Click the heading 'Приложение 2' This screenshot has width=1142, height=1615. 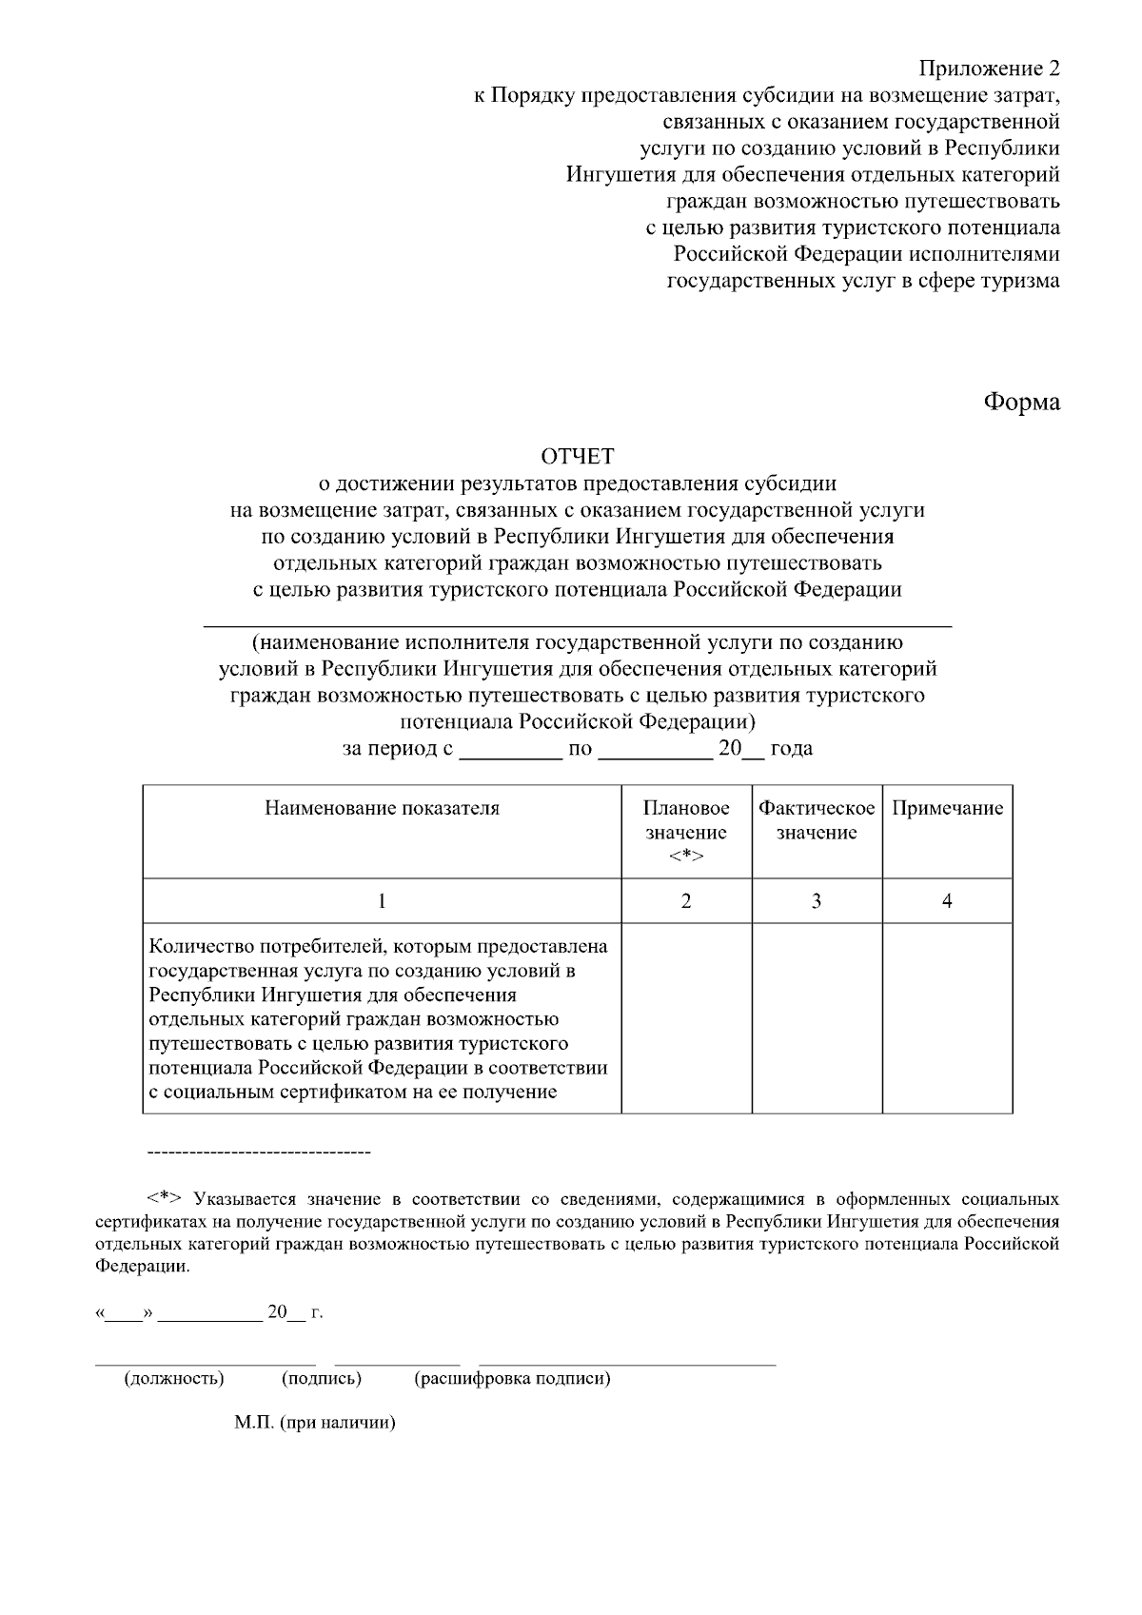pyautogui.click(x=989, y=69)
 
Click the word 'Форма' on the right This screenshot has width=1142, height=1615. pyautogui.click(x=1021, y=402)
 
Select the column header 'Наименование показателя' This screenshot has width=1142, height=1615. pyautogui.click(x=382, y=809)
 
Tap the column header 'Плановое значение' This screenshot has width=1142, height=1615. pyautogui.click(x=686, y=832)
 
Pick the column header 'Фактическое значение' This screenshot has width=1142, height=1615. pyautogui.click(x=817, y=820)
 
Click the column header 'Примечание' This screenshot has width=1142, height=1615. pyautogui.click(x=947, y=809)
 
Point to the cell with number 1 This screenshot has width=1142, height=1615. pyautogui.click(x=382, y=901)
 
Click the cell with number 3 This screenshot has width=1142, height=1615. pyautogui.click(x=817, y=901)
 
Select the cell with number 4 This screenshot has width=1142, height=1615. pyautogui.click(x=947, y=901)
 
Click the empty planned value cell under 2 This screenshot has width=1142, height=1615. pyautogui.click(x=686, y=1018)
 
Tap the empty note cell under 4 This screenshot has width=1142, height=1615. pyautogui.click(x=947, y=1018)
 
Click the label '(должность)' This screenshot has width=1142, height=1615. pyautogui.click(x=174, y=1378)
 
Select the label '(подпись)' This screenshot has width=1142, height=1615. pyautogui.click(x=322, y=1378)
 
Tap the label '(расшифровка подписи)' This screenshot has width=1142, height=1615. pyautogui.click(x=512, y=1378)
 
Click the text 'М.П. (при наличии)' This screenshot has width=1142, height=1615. pyautogui.click(x=314, y=1425)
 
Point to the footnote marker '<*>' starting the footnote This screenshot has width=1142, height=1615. pyautogui.click(x=164, y=1198)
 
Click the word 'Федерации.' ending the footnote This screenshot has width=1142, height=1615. pyautogui.click(x=143, y=1267)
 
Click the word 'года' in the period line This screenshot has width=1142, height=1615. pyautogui.click(x=791, y=749)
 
